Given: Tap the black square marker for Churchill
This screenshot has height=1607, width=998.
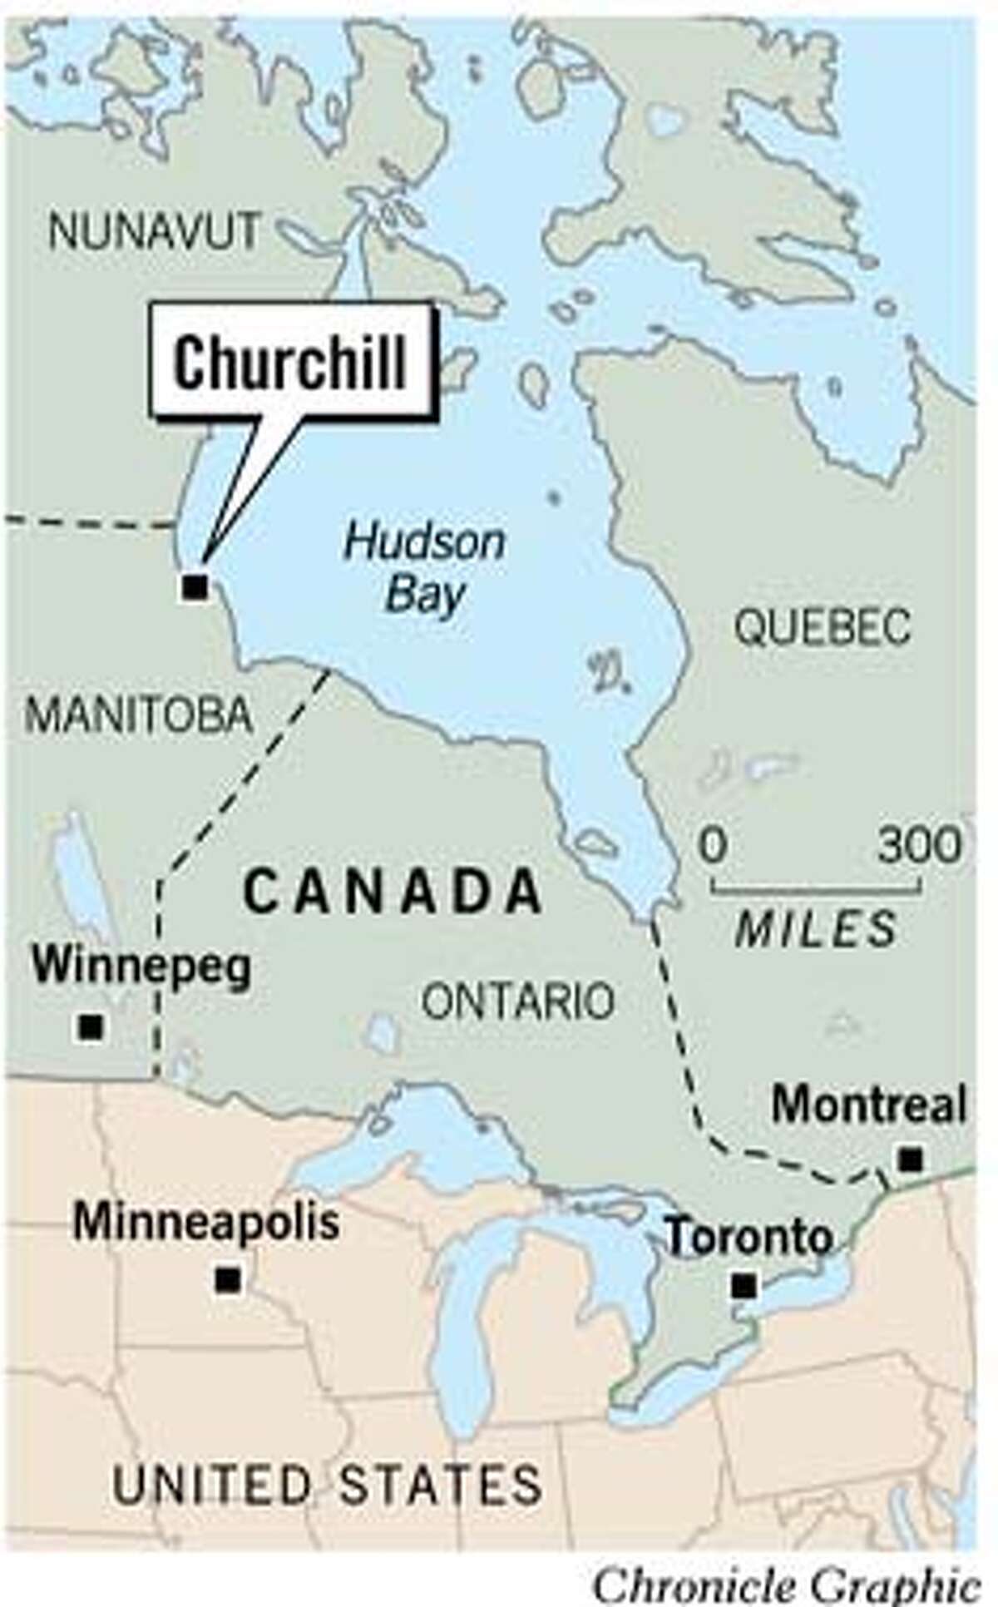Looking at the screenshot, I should tap(194, 587).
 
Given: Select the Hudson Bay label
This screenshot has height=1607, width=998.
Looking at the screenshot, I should tap(424, 569).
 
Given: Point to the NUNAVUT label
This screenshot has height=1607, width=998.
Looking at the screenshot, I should tap(154, 230).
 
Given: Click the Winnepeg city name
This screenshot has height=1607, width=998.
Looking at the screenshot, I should tap(141, 968).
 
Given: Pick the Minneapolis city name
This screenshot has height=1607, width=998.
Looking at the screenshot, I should tap(206, 1224).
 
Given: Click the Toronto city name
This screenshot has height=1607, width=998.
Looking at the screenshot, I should tap(750, 1237).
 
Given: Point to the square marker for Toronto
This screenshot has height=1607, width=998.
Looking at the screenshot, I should tap(744, 1287).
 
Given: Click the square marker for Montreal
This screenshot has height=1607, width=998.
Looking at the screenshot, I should tap(912, 1158).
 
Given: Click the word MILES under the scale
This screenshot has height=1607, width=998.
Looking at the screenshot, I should tap(816, 928).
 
